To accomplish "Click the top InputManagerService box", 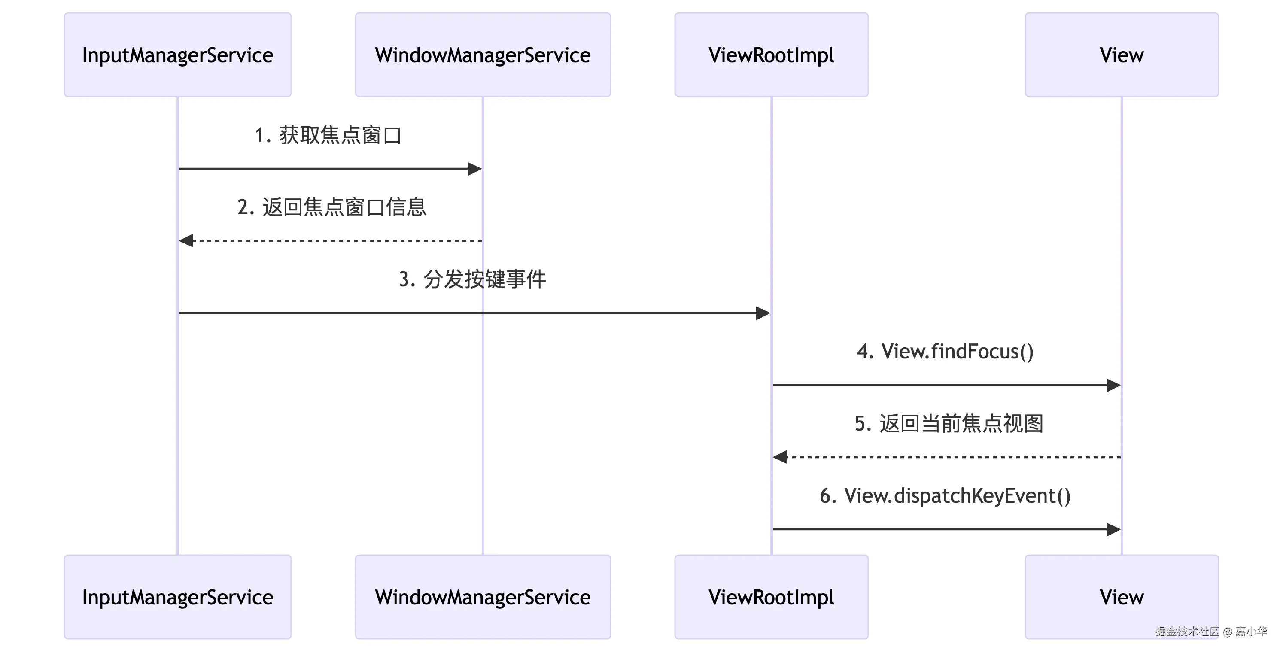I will click(177, 55).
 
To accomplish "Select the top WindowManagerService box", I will click(483, 55).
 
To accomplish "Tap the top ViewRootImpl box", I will click(771, 55).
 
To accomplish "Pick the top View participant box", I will click(1121, 55).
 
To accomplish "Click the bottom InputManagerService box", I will click(177, 597).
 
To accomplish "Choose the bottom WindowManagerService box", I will click(483, 597).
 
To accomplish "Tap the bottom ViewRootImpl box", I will click(771, 597).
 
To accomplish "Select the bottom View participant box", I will click(1121, 597).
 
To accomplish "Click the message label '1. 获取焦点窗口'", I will click(328, 135).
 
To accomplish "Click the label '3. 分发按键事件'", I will click(472, 279).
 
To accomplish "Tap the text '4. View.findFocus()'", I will click(945, 351).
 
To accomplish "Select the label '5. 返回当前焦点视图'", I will click(949, 423).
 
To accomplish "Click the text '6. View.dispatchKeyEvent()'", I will click(945, 495).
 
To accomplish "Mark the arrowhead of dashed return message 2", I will click(186, 240).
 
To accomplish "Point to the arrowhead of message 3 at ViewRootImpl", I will click(763, 313).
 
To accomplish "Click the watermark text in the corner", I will click(1211, 631).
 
